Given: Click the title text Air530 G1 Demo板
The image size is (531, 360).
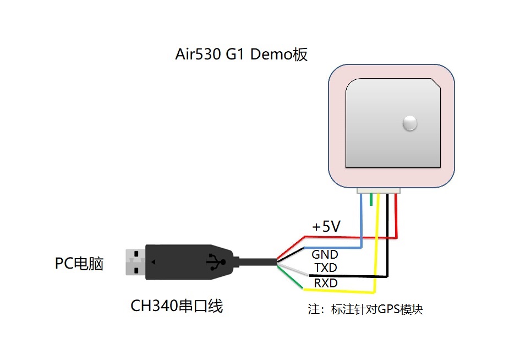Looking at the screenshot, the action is click(241, 54).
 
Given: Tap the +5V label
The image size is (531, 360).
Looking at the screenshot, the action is click(326, 226).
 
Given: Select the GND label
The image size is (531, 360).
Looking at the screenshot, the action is click(325, 254).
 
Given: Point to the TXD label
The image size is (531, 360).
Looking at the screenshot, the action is click(325, 268).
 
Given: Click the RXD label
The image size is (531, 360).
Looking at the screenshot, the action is click(325, 283).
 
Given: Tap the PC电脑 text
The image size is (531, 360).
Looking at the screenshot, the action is click(79, 264).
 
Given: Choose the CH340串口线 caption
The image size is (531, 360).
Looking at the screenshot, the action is click(177, 306).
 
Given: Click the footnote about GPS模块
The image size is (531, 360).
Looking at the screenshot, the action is click(365, 309).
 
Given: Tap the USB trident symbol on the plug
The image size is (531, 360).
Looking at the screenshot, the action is click(216, 262).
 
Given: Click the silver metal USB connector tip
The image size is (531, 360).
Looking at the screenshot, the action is click(135, 262).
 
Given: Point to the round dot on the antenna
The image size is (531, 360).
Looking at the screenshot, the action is click(410, 123).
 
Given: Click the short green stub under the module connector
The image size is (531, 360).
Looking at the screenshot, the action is click(371, 199).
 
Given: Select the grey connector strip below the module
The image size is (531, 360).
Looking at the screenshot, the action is click(378, 190).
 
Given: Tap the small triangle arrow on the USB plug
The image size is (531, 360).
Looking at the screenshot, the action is click(154, 262).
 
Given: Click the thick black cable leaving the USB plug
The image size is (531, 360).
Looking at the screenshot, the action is click(258, 261).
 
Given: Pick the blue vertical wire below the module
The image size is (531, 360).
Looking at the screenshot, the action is click(362, 220).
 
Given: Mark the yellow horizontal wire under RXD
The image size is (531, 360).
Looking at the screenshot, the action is click(338, 291).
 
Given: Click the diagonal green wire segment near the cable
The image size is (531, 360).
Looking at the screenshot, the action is click(290, 277).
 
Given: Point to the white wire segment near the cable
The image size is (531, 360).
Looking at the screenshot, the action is click(293, 270).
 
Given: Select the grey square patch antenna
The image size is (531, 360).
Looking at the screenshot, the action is click(393, 123).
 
